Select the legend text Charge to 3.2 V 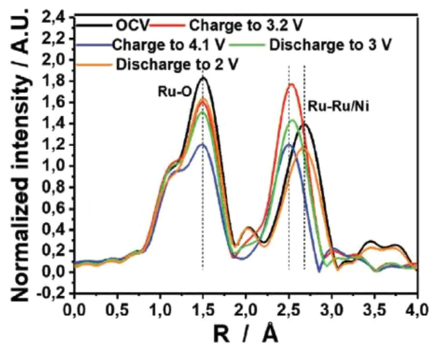click(246, 26)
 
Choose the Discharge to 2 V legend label click(177, 64)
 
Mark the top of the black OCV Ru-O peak click(203, 77)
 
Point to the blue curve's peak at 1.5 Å click(202, 144)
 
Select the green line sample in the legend click(248, 44)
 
